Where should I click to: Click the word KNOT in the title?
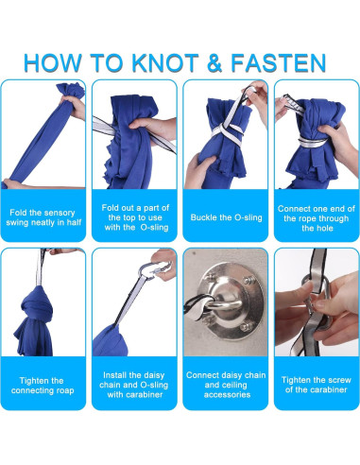(x=164, y=62)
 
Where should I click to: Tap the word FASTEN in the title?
(x=278, y=62)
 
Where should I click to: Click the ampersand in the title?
(x=214, y=62)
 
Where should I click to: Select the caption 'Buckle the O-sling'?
(x=226, y=217)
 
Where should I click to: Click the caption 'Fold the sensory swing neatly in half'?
(x=43, y=217)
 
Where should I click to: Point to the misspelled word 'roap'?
(x=64, y=390)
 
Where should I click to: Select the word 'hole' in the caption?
(x=325, y=228)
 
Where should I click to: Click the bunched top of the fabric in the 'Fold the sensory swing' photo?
(x=71, y=91)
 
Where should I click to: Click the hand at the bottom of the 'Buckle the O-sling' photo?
(x=199, y=169)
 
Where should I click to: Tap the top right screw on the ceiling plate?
(x=249, y=280)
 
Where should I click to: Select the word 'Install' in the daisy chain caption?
(x=114, y=375)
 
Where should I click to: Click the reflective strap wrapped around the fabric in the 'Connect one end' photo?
(x=313, y=142)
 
